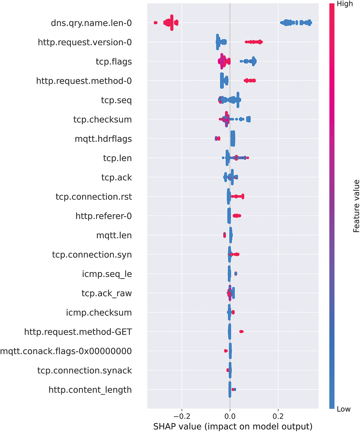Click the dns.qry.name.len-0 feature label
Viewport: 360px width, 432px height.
91,23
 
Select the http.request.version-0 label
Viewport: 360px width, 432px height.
85,42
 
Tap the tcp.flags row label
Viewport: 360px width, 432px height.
114,62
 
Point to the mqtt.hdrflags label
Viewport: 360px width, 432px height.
103,139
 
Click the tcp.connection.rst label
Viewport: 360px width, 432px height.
94,197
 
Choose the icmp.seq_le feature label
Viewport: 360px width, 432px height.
107,274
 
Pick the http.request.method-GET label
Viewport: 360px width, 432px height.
78,332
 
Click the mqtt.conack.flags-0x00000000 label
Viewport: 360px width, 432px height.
66,351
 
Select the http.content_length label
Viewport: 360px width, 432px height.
90,390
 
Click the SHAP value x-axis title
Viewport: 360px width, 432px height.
233,427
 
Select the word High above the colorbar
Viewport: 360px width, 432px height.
345,4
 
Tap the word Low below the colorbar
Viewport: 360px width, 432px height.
343,409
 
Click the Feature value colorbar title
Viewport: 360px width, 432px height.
356,206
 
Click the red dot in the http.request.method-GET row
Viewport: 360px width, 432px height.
241,332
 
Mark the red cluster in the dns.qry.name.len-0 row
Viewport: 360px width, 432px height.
171,23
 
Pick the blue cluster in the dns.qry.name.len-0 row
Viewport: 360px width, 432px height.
295,23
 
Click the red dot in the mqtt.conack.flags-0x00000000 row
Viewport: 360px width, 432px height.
226,351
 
